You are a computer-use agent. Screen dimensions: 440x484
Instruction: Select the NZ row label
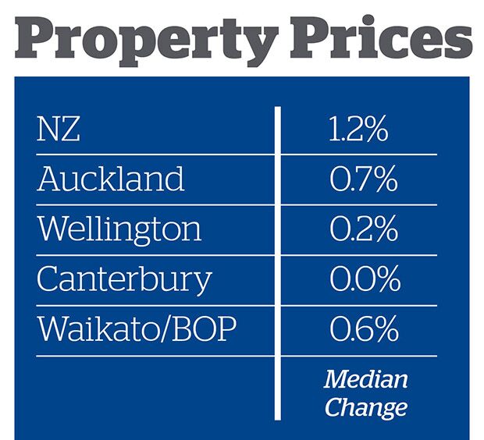(x=59, y=130)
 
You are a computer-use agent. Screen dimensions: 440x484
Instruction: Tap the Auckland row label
(x=111, y=179)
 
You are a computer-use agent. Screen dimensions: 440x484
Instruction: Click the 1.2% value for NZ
(x=358, y=130)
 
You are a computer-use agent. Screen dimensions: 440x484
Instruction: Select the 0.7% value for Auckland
(x=363, y=180)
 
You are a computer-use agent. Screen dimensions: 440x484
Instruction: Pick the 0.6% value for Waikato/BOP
(x=363, y=330)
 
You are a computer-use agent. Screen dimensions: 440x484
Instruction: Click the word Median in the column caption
(x=365, y=380)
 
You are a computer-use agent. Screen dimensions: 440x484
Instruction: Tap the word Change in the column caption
(x=365, y=406)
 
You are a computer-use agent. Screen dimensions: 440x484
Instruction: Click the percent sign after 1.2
(x=375, y=130)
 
